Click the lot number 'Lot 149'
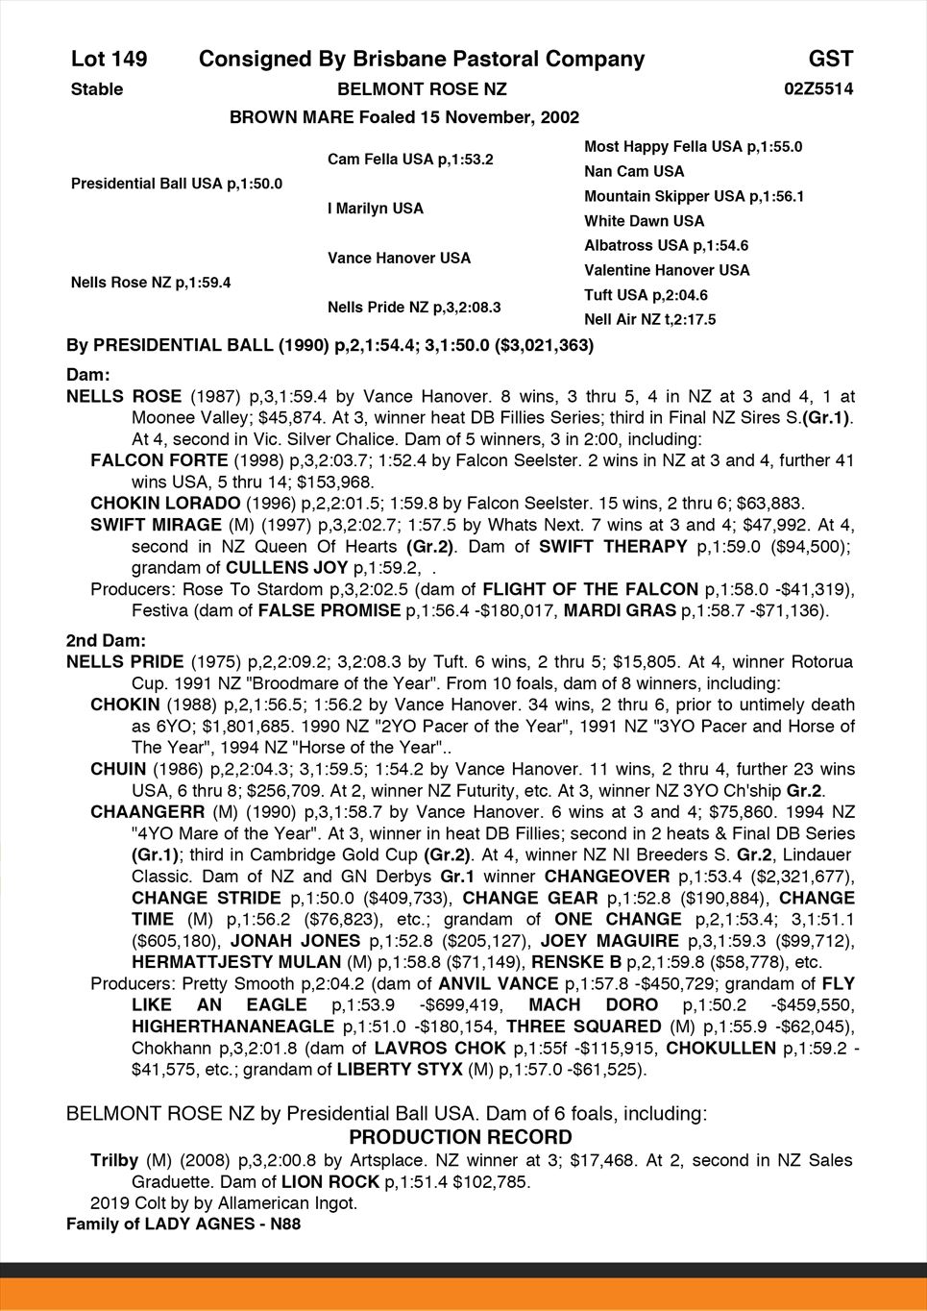click(x=109, y=60)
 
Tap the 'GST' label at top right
click(x=830, y=60)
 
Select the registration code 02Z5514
click(x=818, y=89)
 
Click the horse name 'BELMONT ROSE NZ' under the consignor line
click(x=422, y=89)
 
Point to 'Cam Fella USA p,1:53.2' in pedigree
click(x=410, y=160)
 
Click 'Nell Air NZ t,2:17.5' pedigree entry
click(x=649, y=320)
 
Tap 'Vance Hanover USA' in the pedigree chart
click(x=399, y=259)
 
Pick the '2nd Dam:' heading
click(x=106, y=641)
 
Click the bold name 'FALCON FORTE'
click(x=159, y=460)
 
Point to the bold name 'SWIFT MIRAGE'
click(x=156, y=525)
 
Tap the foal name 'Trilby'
click(x=114, y=1160)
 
